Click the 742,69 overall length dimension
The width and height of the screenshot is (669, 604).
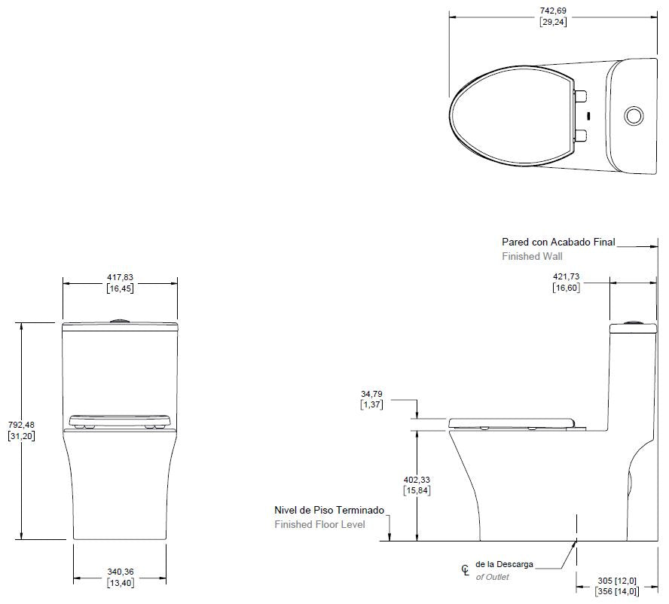point(553,11)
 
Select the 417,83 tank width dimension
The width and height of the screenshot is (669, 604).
point(120,277)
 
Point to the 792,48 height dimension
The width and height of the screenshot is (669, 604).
point(21,425)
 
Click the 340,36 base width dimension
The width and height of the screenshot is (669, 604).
point(121,572)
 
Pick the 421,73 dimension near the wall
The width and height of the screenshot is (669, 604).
point(567,276)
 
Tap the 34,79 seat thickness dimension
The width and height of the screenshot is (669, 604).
point(371,394)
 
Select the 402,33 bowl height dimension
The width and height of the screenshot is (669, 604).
point(417,480)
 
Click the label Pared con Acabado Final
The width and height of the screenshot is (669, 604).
point(558,243)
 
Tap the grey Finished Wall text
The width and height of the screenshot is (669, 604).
point(532,256)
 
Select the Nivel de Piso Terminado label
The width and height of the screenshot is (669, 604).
point(329,510)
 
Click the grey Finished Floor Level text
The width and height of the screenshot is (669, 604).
point(319,525)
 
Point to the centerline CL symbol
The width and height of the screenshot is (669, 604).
point(465,570)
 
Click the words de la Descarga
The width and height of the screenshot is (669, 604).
point(504,564)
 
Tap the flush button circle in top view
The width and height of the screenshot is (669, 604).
point(634,115)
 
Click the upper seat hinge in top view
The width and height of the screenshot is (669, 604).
point(581,96)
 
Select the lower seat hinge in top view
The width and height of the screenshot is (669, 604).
point(581,136)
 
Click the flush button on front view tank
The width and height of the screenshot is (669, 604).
point(120,320)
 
